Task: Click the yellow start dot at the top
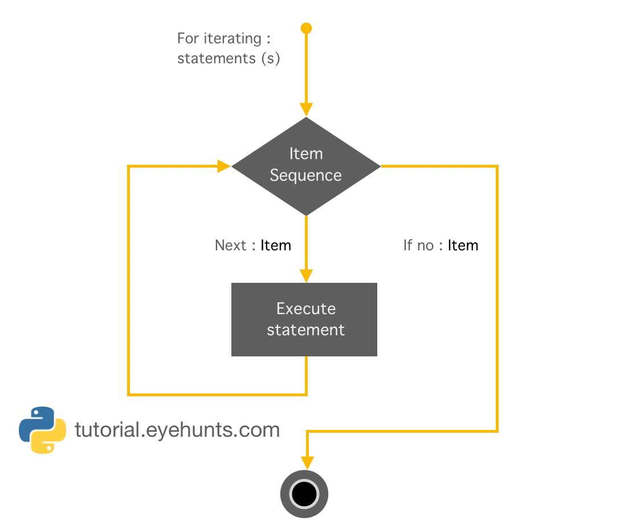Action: (x=307, y=28)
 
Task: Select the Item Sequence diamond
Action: (x=306, y=166)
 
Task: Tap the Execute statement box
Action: (x=304, y=319)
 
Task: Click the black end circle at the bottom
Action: (x=304, y=493)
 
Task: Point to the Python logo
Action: (x=42, y=430)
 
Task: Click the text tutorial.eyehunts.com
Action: (x=177, y=429)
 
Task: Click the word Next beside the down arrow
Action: (x=230, y=245)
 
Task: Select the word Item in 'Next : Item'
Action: (x=276, y=245)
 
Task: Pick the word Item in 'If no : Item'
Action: (x=463, y=245)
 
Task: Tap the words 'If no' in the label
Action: (x=418, y=245)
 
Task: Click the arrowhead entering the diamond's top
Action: (x=307, y=109)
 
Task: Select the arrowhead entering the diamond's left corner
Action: (x=223, y=166)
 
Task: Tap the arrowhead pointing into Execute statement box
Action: (x=307, y=275)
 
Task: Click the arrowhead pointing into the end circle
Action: (x=308, y=463)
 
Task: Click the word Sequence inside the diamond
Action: (x=305, y=175)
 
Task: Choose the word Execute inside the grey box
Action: (x=306, y=308)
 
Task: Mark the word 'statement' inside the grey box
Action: (x=305, y=330)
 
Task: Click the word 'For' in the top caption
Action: (x=187, y=39)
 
